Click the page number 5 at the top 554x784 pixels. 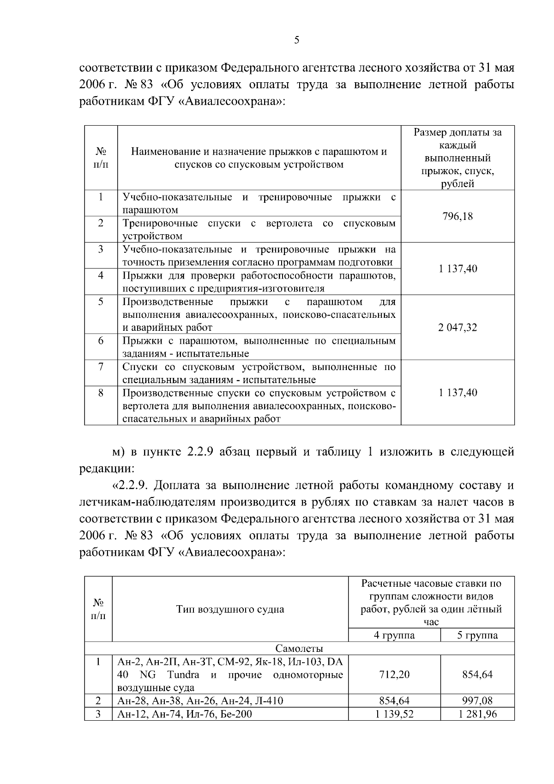(x=296, y=40)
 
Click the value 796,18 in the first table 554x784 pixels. (x=457, y=216)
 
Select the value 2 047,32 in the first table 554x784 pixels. (x=457, y=328)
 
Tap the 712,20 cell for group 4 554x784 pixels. (x=394, y=675)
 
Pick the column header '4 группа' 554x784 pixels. (x=394, y=635)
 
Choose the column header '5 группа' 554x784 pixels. (x=477, y=635)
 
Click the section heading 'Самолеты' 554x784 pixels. (x=299, y=649)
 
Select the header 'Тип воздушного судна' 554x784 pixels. (x=230, y=609)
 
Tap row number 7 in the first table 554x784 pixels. (x=101, y=367)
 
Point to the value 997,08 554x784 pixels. (x=477, y=701)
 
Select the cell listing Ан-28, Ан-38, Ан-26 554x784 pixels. (x=200, y=701)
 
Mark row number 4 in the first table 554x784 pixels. (x=101, y=276)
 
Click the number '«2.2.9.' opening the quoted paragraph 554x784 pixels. (x=130, y=486)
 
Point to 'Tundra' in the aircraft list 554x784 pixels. (x=183, y=675)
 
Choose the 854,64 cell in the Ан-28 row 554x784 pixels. (x=394, y=701)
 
